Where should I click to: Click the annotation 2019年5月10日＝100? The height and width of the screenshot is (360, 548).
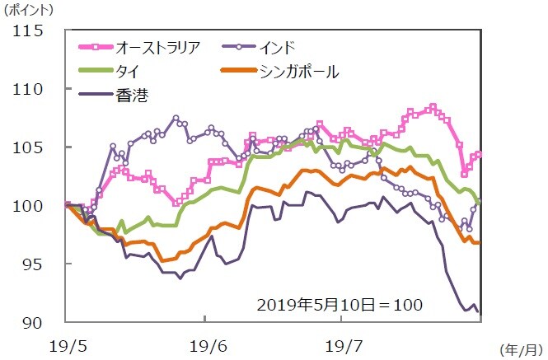tap(340, 305)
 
